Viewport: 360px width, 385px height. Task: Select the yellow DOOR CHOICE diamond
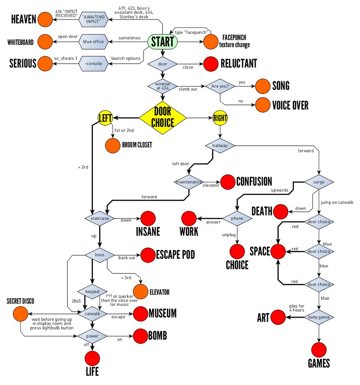162,118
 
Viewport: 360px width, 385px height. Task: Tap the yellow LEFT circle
105,118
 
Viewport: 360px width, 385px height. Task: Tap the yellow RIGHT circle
220,118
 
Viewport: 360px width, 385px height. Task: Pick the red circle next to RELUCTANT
210,64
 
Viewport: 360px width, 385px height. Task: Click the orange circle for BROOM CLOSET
112,145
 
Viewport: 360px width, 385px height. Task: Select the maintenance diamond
189,182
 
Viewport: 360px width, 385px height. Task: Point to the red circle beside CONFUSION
227,182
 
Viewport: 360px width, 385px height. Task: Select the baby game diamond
319,317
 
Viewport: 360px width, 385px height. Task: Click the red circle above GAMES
319,349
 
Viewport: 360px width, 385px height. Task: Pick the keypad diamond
92,291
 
